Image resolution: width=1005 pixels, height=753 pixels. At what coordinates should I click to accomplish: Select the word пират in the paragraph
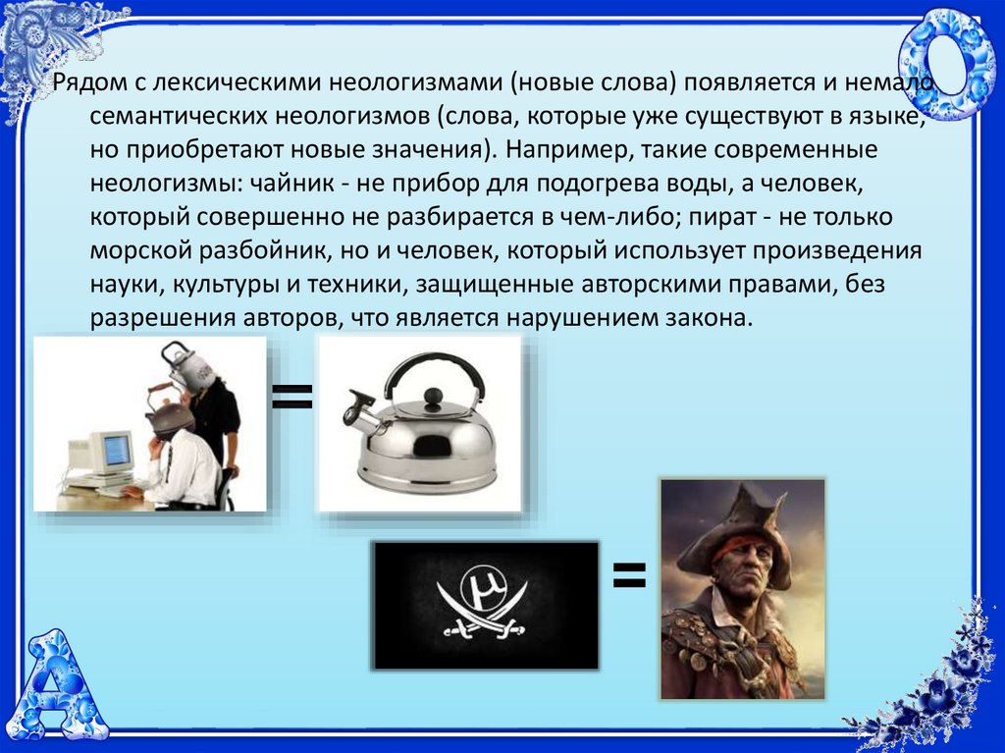coord(723,217)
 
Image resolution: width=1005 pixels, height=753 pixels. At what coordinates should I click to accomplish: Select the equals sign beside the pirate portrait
coord(629,574)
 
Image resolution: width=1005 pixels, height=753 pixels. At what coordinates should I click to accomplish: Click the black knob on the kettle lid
coord(433,397)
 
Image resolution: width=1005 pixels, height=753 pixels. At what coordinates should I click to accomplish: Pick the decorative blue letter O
coord(942,67)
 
